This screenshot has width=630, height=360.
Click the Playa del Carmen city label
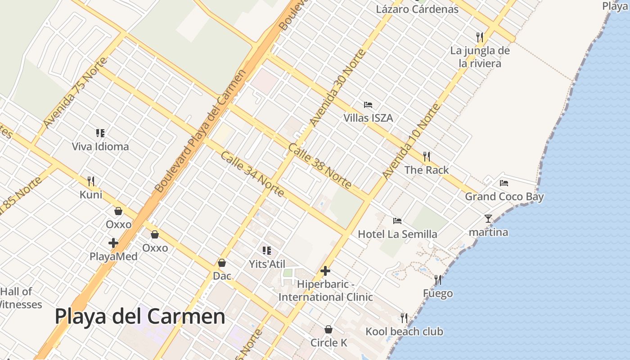click(x=140, y=316)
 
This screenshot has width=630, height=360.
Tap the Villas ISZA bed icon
click(x=368, y=105)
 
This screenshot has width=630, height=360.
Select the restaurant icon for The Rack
click(x=427, y=157)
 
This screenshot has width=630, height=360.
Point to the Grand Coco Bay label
click(x=504, y=197)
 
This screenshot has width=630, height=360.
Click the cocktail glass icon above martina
click(x=488, y=219)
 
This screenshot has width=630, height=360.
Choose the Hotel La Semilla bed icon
click(x=397, y=221)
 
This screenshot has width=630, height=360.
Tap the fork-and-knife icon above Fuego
click(x=438, y=280)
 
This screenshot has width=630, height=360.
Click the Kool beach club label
click(x=404, y=332)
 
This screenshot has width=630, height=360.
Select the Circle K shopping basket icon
click(x=328, y=329)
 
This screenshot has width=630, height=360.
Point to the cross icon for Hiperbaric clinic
click(x=325, y=271)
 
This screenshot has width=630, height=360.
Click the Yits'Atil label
click(x=267, y=264)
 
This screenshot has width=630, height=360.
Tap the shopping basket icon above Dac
click(x=222, y=263)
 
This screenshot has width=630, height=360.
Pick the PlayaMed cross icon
click(x=113, y=243)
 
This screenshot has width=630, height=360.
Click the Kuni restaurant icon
click(x=91, y=181)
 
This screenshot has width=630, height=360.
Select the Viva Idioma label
click(x=100, y=146)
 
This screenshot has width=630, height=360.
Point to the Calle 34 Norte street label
click(x=252, y=174)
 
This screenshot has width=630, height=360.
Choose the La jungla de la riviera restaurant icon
click(x=480, y=37)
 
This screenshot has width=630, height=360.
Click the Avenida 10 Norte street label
click(x=411, y=140)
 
